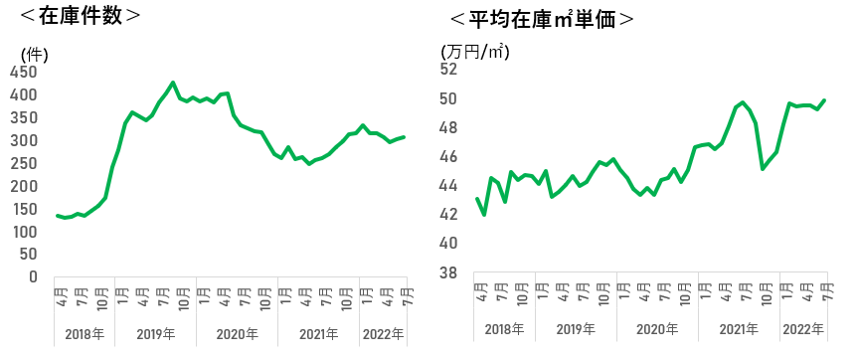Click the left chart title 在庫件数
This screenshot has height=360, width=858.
coord(80,16)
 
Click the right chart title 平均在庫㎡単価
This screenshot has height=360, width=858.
coord(542,20)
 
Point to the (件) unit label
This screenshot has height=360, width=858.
coord(35,55)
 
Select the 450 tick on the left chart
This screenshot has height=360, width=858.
coord(24,73)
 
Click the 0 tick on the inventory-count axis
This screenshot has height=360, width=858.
coord(34,277)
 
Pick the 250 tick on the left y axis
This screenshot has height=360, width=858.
coord(24,163)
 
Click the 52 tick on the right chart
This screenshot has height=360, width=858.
coord(449,69)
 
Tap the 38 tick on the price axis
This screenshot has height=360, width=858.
coord(449,272)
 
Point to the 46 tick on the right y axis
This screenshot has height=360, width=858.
coord(449,156)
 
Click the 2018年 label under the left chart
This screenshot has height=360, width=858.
coord(85,334)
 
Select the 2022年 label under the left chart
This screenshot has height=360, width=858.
coord(384,334)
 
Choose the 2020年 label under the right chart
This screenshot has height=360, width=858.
coord(657,329)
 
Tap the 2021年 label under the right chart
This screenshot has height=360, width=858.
coord(739,329)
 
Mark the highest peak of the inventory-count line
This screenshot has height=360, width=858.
coord(173,83)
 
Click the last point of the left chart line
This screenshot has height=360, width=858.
coord(405,137)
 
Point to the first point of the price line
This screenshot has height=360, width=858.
coord(477,199)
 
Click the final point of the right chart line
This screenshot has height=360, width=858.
coord(824,100)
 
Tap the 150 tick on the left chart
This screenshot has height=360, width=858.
coord(24,209)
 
